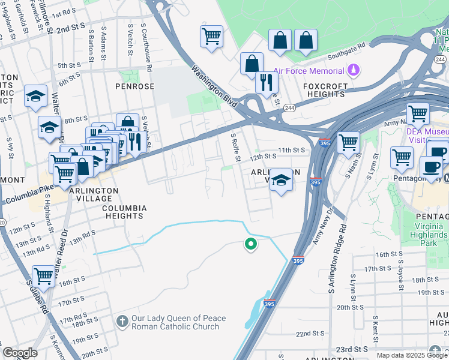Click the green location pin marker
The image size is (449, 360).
(x=250, y=244)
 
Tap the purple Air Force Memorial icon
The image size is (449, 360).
(x=354, y=70)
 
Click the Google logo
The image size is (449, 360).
(x=20, y=353)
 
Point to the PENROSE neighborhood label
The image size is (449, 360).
(x=135, y=86)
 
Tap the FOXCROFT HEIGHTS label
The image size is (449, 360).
(x=325, y=91)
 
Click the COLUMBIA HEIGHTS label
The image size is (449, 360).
(x=124, y=213)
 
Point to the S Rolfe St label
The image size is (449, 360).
(x=236, y=148)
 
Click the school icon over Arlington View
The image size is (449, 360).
(x=280, y=180)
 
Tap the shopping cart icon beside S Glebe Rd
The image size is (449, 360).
(x=44, y=276)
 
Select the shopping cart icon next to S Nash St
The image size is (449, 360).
(x=348, y=143)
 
